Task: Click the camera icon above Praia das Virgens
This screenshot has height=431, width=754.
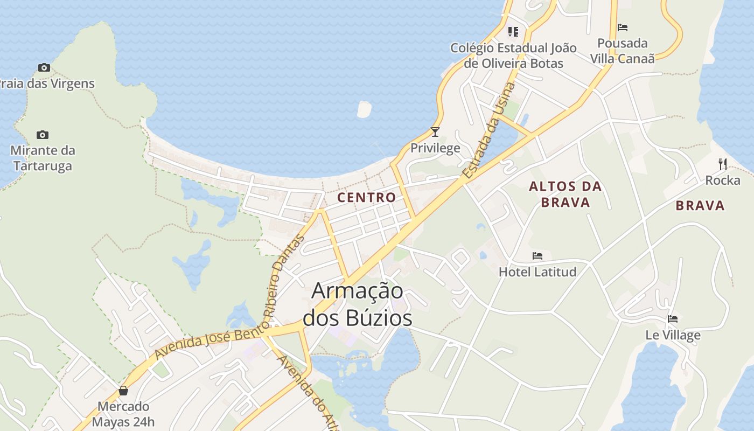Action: (x=44, y=68)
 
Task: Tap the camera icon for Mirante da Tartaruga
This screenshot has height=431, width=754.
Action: (x=43, y=135)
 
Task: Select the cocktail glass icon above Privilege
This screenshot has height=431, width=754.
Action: (x=435, y=132)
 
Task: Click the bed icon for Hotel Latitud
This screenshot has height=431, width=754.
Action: (x=537, y=256)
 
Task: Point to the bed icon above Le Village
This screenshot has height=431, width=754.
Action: (x=672, y=319)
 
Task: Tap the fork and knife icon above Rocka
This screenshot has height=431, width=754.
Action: (x=723, y=164)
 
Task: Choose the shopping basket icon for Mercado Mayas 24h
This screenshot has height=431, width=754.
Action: (x=123, y=391)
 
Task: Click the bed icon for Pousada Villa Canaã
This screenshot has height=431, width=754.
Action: (x=623, y=27)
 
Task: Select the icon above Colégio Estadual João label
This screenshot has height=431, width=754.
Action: (x=513, y=32)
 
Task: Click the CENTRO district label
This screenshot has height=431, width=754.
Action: (x=367, y=198)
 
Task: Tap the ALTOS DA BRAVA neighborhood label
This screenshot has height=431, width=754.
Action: (x=565, y=194)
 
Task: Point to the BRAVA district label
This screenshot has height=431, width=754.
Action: (x=700, y=205)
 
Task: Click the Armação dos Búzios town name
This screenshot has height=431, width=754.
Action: (x=358, y=304)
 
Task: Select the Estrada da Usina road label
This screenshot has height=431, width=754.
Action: (x=488, y=131)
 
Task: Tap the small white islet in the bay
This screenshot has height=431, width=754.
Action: (x=364, y=109)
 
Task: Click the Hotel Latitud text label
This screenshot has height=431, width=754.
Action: (x=537, y=272)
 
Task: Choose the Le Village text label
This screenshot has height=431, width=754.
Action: (x=673, y=335)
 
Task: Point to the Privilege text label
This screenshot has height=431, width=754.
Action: (x=435, y=148)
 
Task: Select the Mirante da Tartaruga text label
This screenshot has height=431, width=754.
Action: (x=43, y=158)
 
